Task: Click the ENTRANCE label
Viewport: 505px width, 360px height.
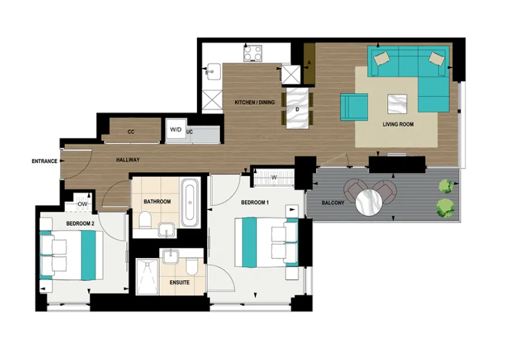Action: coord(45,161)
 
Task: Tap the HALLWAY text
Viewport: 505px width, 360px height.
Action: coord(128,159)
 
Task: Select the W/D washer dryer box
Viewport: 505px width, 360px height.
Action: coord(176,130)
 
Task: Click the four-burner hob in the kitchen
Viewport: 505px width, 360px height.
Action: coord(253,53)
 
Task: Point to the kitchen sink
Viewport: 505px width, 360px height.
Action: coord(213,72)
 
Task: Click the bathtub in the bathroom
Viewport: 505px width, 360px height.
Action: coord(190,203)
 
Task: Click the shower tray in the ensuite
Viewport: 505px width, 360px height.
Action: coord(147,276)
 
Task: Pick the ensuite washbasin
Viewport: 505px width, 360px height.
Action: coord(169,257)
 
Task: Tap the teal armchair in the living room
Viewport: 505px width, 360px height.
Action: coord(354,107)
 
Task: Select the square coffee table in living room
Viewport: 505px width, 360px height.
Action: coord(397,103)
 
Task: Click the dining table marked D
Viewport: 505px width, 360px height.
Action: coord(297,108)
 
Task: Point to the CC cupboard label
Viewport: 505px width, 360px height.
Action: coord(131,132)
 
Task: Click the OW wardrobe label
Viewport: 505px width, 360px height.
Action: coord(82,205)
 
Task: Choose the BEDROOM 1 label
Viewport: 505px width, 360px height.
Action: coord(255,203)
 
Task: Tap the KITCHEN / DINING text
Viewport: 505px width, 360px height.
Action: coord(254,103)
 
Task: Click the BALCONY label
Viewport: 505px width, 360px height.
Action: coord(333,203)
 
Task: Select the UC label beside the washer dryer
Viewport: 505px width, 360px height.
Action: coord(190,132)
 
